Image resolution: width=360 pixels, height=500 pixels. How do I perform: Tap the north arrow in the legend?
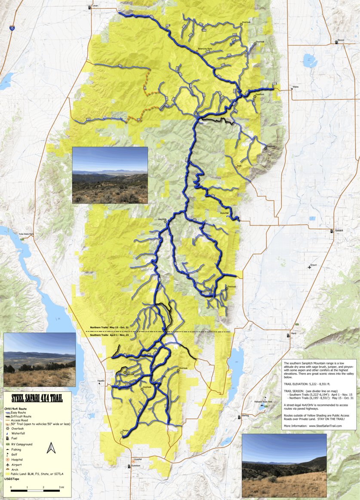pos(51,448)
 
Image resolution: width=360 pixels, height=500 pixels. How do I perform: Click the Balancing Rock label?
pos(205,49)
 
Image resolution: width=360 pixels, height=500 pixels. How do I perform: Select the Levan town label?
pos(95,6)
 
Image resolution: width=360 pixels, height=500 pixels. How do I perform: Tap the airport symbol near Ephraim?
pos(309,267)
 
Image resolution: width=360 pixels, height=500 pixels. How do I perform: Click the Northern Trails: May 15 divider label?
pos(109,327)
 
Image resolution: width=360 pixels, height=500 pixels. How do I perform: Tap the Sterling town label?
pos(245,416)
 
